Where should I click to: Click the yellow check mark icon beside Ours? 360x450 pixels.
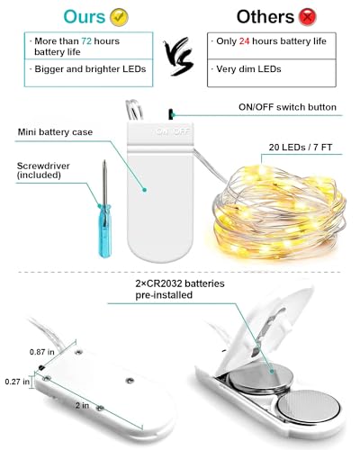(119, 17)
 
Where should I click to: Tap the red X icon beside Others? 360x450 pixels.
(307, 17)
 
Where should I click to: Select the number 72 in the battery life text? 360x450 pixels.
(86, 41)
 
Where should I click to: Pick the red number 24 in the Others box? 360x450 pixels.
(244, 41)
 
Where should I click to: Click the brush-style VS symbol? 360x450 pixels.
(179, 57)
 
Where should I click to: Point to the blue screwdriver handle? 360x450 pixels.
(105, 231)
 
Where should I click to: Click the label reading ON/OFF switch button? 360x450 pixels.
(287, 107)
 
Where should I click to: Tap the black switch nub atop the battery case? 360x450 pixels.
(171, 114)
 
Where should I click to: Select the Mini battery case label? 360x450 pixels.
(55, 132)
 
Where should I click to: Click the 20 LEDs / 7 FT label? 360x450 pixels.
(301, 148)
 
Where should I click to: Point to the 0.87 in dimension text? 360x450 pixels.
(42, 352)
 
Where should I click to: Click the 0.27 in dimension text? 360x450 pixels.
(17, 382)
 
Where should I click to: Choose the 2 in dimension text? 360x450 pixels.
(82, 406)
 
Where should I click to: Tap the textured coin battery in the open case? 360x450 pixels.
(309, 406)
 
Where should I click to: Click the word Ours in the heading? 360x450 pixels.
(85, 17)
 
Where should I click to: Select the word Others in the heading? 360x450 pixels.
(265, 17)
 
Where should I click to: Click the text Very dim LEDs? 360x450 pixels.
(248, 69)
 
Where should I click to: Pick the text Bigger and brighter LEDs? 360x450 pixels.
(90, 69)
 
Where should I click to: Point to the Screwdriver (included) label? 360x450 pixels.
(43, 170)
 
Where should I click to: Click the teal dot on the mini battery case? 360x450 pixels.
(145, 190)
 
